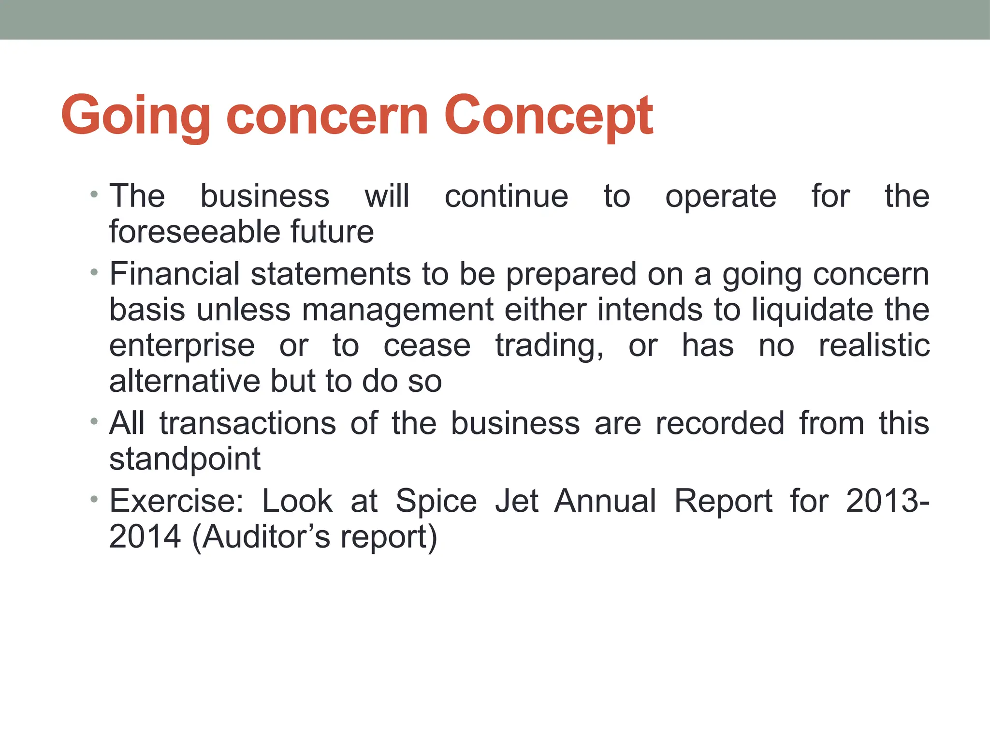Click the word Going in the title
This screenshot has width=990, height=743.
click(x=136, y=116)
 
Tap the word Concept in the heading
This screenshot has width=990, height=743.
click(x=549, y=116)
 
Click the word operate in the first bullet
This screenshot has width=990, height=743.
click(x=720, y=197)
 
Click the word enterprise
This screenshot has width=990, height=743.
click(x=182, y=346)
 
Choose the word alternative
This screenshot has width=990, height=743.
click(x=184, y=381)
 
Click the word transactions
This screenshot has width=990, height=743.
click(x=247, y=423)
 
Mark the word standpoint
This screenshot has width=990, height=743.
click(x=185, y=460)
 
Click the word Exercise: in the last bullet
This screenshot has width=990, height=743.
click(x=176, y=501)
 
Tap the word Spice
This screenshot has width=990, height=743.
click(x=436, y=502)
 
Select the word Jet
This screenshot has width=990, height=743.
click(x=516, y=501)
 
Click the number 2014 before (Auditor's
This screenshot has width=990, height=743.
click(x=145, y=536)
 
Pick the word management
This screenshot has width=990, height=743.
click(x=397, y=311)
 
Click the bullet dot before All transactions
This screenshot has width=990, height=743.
click(x=94, y=421)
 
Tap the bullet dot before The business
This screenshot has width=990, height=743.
click(x=94, y=195)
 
